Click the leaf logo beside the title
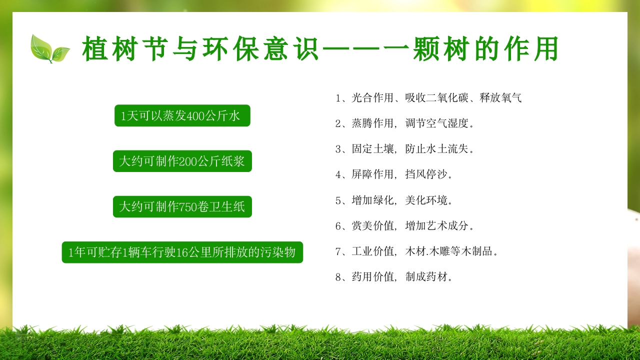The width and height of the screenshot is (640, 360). coord(49,49)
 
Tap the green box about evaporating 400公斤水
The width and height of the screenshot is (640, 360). coord(182,116)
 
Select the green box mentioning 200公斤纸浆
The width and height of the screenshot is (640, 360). coord(182,161)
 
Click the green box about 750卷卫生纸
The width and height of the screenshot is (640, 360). coord(182,206)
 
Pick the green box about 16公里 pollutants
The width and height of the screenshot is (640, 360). coord(182,252)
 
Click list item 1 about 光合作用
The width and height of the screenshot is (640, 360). coord(428,97)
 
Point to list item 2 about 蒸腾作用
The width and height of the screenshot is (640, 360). coord(404,123)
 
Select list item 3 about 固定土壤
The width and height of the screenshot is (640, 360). coord(404,148)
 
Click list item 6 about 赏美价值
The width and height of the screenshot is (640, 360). coord(404,226)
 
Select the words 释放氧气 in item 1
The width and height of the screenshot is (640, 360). coord(500,97)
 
